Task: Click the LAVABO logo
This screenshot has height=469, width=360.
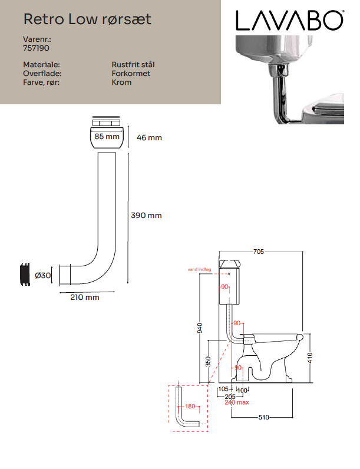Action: tap(290, 21)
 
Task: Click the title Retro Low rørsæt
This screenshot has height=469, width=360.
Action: tap(87, 19)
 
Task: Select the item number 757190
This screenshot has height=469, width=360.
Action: tap(36, 48)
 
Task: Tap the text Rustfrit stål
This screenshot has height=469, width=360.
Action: tap(133, 65)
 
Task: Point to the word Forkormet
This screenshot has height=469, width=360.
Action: tap(131, 73)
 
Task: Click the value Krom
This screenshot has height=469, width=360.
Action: tap(121, 82)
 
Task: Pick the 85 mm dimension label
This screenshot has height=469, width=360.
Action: tap(107, 136)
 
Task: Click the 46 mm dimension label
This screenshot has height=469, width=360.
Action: tap(149, 138)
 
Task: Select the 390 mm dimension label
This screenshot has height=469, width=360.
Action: tap(146, 216)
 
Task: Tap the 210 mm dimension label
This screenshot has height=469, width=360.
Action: tap(85, 298)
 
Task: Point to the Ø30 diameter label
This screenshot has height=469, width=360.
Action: tap(43, 275)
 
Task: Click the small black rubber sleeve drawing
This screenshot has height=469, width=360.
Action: tap(25, 275)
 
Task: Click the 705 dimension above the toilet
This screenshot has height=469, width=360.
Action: tap(259, 252)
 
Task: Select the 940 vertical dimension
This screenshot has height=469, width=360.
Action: tap(200, 328)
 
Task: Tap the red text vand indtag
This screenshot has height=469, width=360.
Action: tap(199, 269)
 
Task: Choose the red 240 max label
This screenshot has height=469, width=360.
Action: tap(237, 402)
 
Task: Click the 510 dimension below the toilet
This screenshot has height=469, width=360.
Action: tap(264, 417)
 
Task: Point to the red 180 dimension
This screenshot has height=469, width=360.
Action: tap(190, 406)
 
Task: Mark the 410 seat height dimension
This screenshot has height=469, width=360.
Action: tap(310, 358)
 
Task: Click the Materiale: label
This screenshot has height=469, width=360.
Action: tap(42, 65)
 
